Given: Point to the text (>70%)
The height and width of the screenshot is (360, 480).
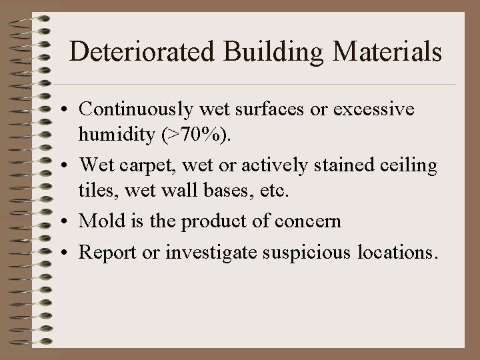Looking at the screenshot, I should [200, 136].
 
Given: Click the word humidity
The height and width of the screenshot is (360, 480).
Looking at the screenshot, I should [117, 136].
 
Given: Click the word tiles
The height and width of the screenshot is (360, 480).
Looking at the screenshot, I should [95, 193].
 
